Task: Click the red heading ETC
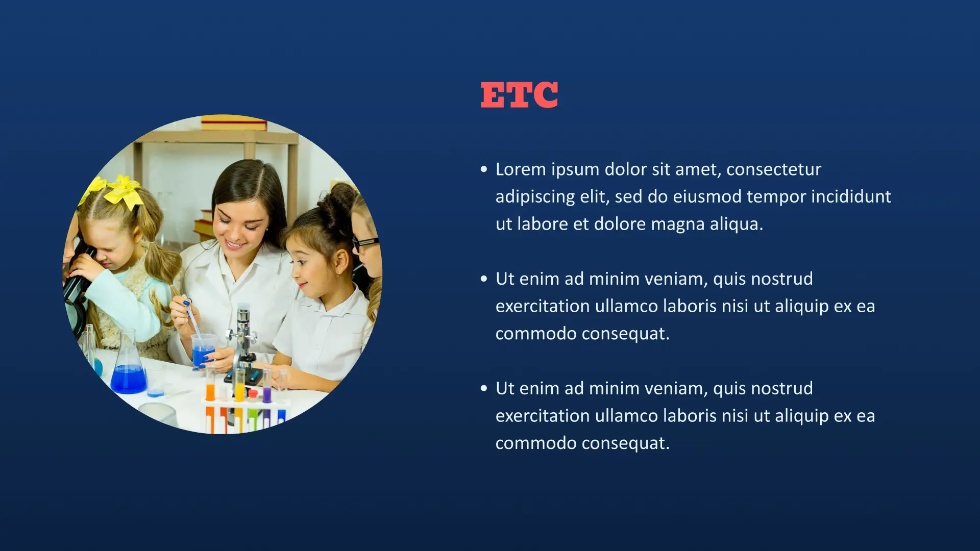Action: pos(519,95)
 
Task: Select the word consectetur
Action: pos(774,169)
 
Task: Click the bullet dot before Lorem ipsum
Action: pos(484,169)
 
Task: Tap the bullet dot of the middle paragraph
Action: pos(484,279)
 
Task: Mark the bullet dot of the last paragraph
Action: pos(484,389)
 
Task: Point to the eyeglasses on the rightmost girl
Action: pos(365,243)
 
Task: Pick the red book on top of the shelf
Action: pos(234,123)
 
